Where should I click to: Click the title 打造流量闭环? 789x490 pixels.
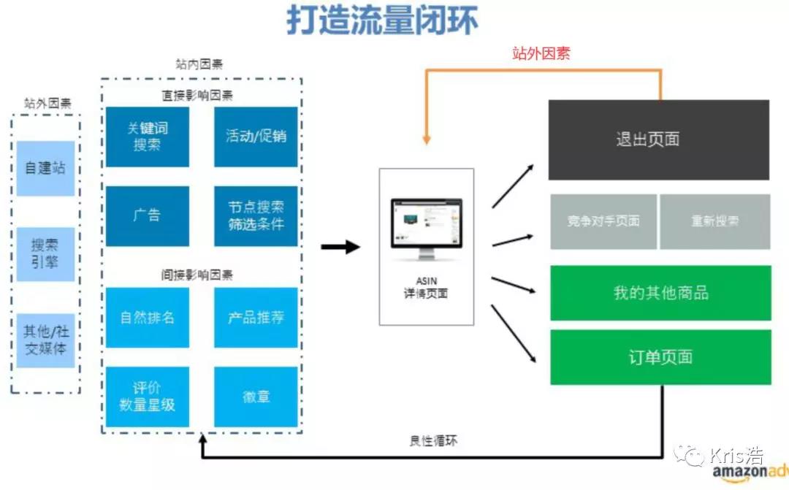pos(382,21)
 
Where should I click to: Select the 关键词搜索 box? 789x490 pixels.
pos(148,137)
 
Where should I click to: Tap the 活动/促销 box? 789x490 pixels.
pos(256,137)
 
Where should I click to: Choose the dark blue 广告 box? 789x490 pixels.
pos(148,215)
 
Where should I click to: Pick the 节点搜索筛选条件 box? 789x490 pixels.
pos(256,215)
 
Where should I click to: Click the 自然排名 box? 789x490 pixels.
pos(148,318)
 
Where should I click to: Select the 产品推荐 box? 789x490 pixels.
pos(256,318)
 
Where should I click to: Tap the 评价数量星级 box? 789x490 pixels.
pos(148,397)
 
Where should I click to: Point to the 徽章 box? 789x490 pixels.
pos(256,397)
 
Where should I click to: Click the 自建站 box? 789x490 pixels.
pos(45,168)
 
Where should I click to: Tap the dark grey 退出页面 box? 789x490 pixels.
pos(658,139)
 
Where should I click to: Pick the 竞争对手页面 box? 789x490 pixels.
pos(603,221)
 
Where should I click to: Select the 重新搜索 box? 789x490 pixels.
pos(714,221)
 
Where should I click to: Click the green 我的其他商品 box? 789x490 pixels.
pos(660,293)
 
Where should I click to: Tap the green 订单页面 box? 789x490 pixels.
pos(660,357)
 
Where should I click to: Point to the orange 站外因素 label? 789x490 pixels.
pos(541,53)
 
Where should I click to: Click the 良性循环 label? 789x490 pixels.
pos(434,441)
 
